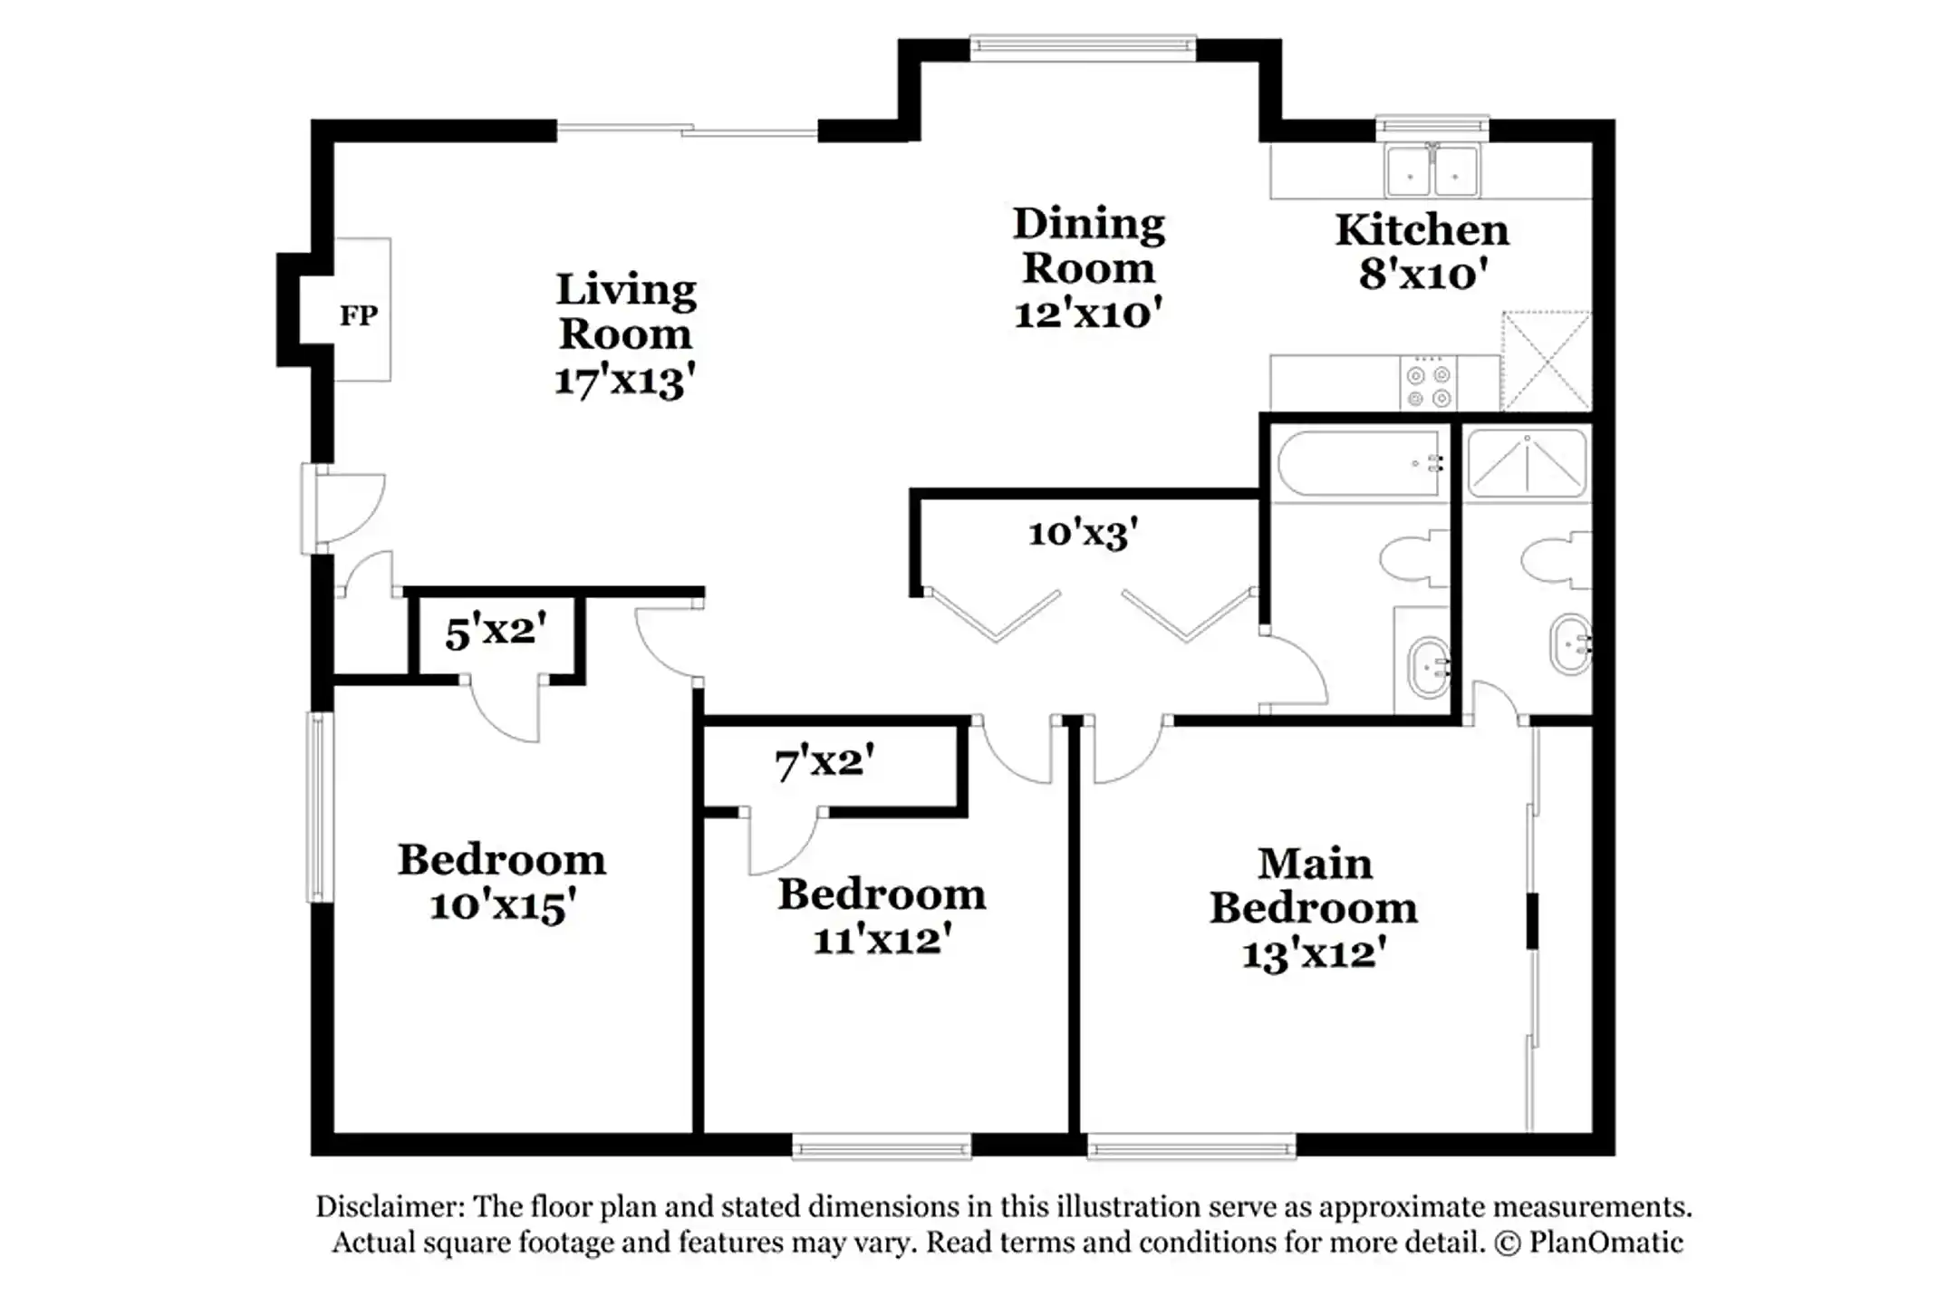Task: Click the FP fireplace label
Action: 359,315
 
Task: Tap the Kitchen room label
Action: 1422,230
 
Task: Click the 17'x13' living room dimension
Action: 624,381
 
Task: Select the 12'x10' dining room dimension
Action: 1087,314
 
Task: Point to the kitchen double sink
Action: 1432,170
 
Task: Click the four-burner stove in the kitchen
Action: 1429,384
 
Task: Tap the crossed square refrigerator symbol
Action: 1546,361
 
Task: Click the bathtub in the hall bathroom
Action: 1357,463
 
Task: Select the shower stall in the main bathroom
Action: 1527,463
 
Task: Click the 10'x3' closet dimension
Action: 1083,533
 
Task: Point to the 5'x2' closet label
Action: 496,632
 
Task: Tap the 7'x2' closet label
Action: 824,762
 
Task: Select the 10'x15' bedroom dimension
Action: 502,905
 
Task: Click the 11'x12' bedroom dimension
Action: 882,940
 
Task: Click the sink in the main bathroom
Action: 1570,644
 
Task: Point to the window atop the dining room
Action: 1083,47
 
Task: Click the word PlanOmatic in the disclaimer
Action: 1605,1242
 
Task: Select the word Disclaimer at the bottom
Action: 390,1206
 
